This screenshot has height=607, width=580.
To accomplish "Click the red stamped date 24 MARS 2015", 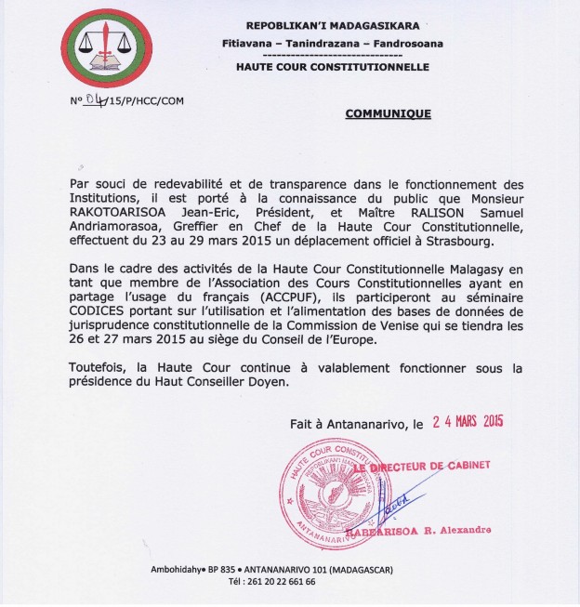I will click(x=468, y=421).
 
